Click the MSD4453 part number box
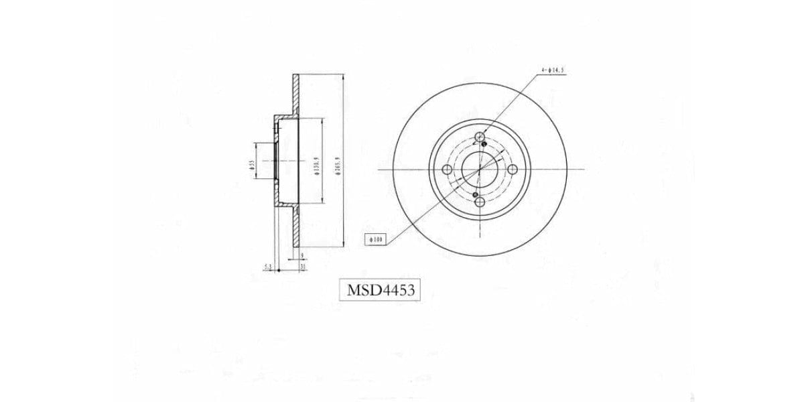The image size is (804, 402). click(381, 290)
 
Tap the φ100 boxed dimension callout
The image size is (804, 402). click(375, 238)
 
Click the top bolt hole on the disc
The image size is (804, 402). click(479, 139)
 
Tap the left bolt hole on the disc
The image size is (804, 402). click(448, 170)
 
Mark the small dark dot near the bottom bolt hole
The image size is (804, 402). click(475, 196)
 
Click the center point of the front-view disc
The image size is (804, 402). click(479, 170)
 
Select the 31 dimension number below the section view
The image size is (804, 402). click(303, 267)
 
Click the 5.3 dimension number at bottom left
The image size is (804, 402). click(268, 267)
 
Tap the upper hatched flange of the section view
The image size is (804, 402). click(294, 94)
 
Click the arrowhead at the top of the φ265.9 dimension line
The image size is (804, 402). click(344, 76)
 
